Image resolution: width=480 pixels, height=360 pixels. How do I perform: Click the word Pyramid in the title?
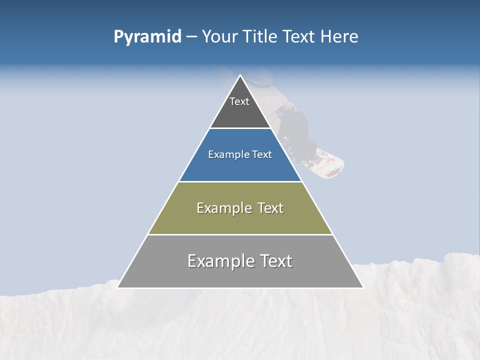click(x=147, y=37)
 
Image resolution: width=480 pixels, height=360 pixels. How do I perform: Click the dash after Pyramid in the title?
click(x=191, y=37)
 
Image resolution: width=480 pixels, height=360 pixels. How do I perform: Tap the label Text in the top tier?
click(x=239, y=101)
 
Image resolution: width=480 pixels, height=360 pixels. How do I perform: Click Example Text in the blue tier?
click(x=240, y=154)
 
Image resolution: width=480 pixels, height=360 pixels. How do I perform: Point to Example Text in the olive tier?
click(x=240, y=208)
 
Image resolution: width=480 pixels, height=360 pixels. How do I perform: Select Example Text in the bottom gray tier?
click(x=240, y=261)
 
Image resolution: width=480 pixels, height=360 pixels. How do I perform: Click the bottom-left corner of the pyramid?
click(x=118, y=287)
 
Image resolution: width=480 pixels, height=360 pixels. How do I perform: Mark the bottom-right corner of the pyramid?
click(x=362, y=287)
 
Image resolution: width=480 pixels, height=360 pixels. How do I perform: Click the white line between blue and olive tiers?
click(x=240, y=181)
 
